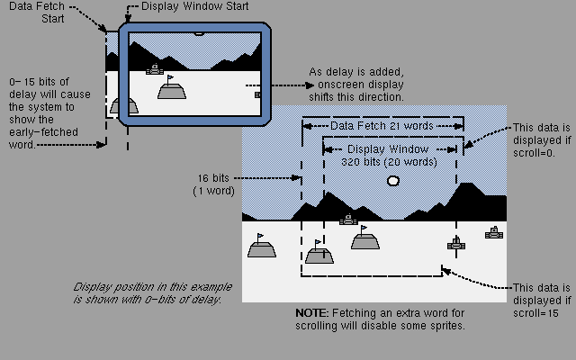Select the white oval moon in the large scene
pyautogui.click(x=392, y=181)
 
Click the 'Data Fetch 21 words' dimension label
pyautogui.click(x=382, y=126)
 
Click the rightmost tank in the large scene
pyautogui.click(x=493, y=233)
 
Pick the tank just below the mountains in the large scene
pyautogui.click(x=348, y=219)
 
